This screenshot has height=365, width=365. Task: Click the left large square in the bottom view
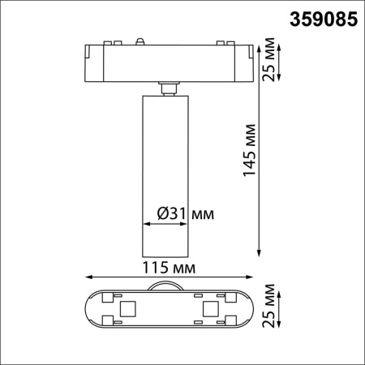(x=127, y=308)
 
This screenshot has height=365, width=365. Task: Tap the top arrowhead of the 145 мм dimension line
(x=260, y=45)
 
